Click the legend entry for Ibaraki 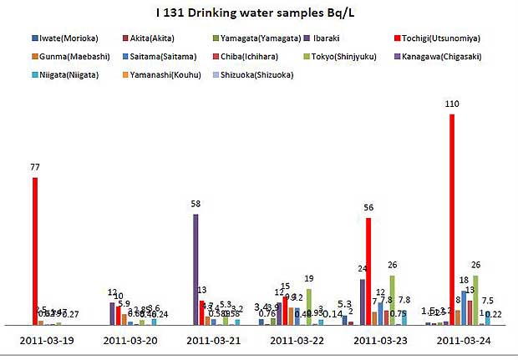339,38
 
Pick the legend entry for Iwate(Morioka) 62,38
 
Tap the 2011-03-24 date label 463,340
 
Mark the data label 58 196,204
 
